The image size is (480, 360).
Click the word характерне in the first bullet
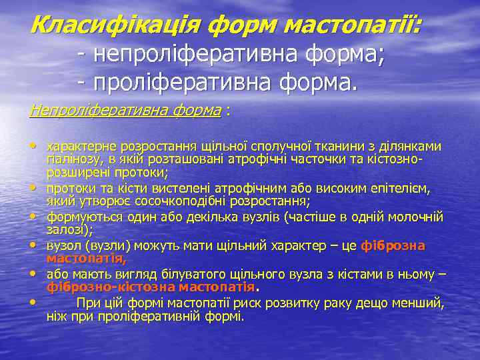point(75,147)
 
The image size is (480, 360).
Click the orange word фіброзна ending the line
point(393,246)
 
